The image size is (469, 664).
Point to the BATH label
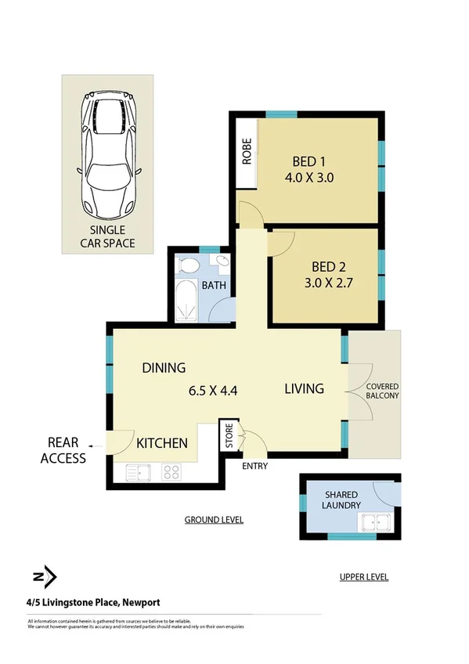214,286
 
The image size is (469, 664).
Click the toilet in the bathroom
189,265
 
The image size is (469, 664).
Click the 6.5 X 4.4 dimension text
214,388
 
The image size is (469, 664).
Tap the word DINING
163,367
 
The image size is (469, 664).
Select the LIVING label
304,388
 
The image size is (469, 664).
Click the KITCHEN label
162,443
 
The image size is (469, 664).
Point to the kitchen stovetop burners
171,472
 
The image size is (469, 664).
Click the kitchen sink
136,472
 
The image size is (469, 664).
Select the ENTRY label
255,466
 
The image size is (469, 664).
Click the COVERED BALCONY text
382,391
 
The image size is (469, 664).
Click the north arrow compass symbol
45,577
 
